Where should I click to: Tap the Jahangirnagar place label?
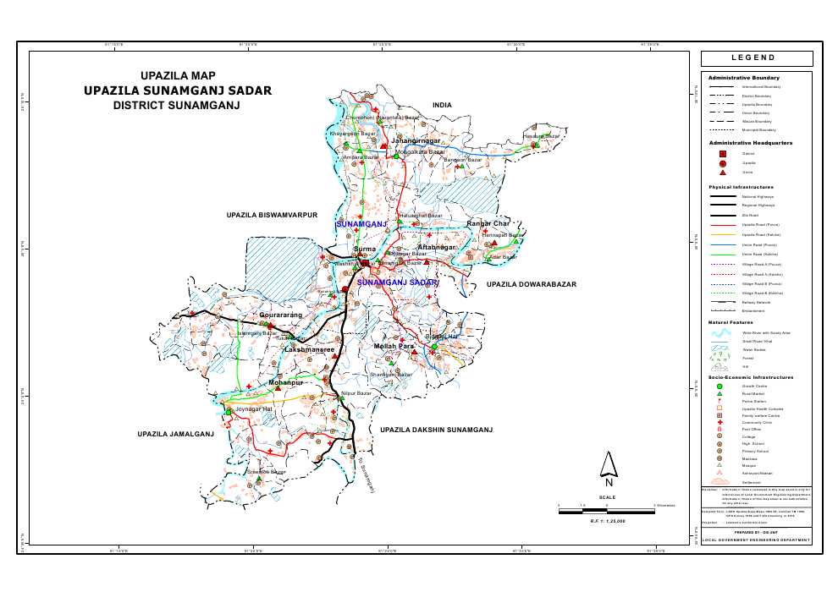tap(422, 140)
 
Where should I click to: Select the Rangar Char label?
tap(487, 224)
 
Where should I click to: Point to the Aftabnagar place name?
tap(437, 247)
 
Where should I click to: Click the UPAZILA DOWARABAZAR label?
tap(531, 285)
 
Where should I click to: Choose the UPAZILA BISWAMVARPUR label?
tap(272, 216)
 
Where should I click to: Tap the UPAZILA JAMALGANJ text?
tap(176, 434)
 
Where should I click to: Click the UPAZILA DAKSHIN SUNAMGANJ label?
tap(436, 430)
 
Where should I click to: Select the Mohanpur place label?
tap(285, 383)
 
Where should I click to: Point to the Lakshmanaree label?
tap(311, 348)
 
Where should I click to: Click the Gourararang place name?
tap(280, 315)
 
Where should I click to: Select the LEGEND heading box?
tap(756, 58)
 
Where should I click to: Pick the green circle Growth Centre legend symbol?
tap(720, 386)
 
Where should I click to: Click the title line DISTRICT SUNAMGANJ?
tap(177, 107)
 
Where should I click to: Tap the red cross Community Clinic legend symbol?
tap(720, 422)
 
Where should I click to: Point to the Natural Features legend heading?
tap(730, 322)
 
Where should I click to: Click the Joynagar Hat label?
tap(254, 409)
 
